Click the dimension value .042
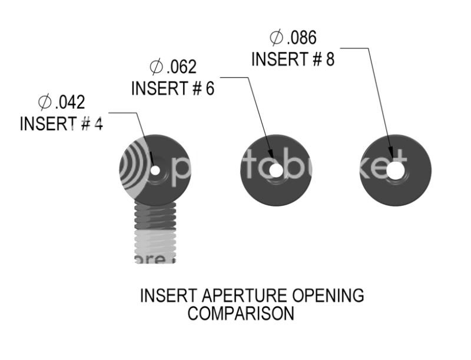click(x=70, y=103)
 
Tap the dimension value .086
click(x=301, y=38)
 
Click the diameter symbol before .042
click(x=45, y=103)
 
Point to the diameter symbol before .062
click(x=156, y=67)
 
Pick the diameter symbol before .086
click(x=276, y=38)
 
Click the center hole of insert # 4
click(x=155, y=171)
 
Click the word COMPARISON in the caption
click(x=241, y=314)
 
